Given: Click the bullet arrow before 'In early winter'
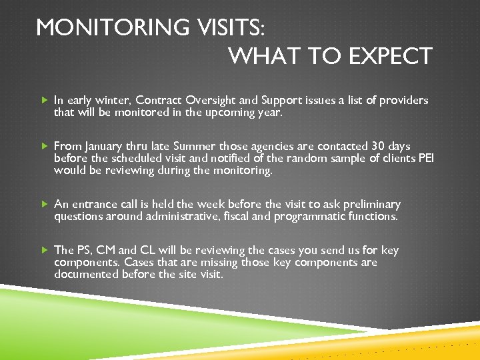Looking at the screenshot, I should [45, 100].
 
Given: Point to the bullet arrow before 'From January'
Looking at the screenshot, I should [45, 146].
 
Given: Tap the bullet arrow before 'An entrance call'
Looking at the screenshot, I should [45, 204].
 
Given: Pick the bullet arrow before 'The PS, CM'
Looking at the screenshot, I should [45, 250].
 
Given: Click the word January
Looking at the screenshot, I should [102, 146].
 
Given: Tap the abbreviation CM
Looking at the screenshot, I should [106, 250].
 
